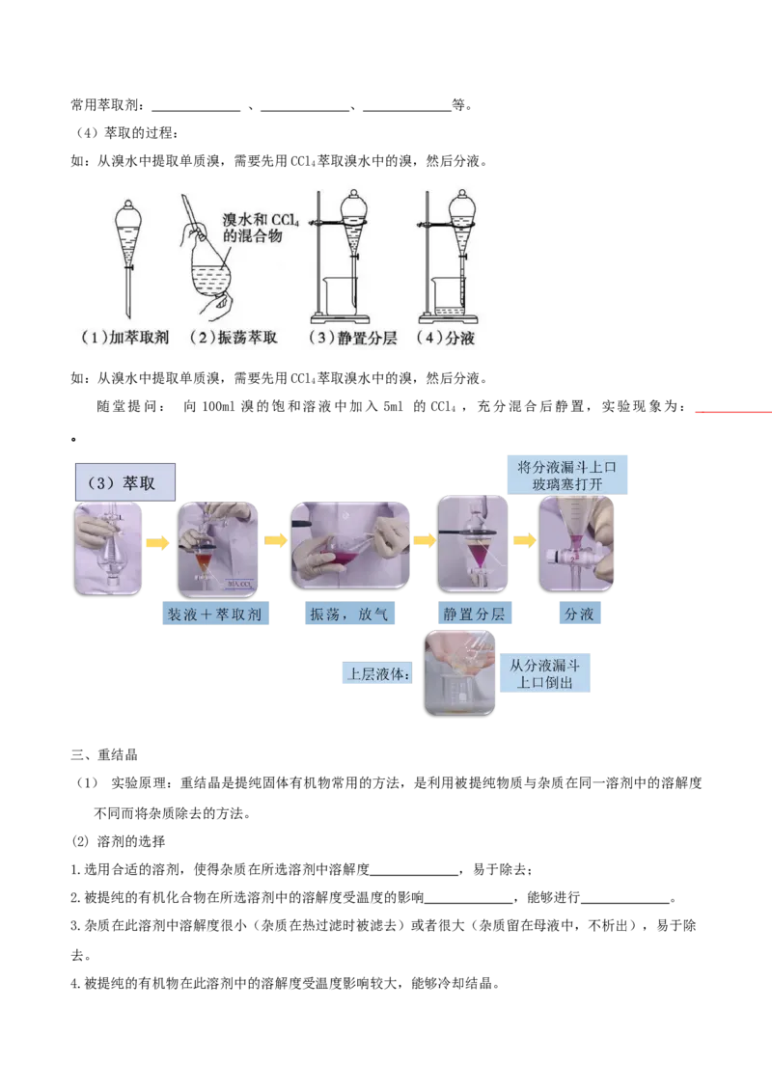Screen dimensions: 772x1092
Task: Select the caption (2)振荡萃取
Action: [x=232, y=339]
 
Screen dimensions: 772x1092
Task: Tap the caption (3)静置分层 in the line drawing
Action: [x=343, y=339]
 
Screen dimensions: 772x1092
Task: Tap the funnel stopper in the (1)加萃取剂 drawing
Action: [x=129, y=206]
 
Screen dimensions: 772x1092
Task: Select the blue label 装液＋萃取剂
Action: [x=217, y=614]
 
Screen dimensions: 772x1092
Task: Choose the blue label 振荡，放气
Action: [x=348, y=614]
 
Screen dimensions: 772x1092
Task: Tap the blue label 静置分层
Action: [x=474, y=614]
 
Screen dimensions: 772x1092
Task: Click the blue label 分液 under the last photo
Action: [x=578, y=614]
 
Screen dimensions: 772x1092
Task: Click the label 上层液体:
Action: [x=378, y=672]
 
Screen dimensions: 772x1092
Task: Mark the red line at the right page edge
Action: [x=731, y=413]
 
